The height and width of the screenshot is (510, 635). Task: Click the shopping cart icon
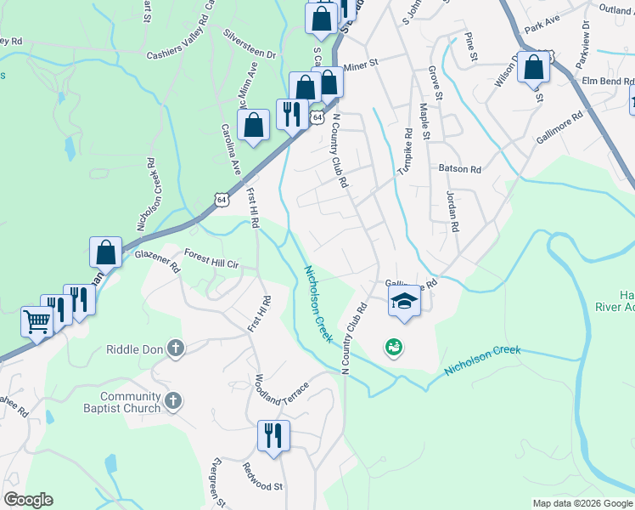(x=37, y=321)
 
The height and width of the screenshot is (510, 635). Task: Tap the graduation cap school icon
(x=404, y=300)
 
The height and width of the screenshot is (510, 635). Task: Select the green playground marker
(x=393, y=346)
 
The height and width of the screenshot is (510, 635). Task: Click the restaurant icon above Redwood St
(x=273, y=435)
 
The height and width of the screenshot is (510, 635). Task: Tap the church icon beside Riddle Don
(x=175, y=348)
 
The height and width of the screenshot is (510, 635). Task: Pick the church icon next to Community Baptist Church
(x=172, y=400)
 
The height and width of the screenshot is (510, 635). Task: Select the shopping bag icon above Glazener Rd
(x=105, y=252)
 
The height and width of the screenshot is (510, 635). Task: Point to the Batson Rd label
(x=460, y=169)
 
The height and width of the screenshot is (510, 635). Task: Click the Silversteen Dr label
(x=250, y=44)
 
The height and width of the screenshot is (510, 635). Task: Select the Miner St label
(x=360, y=61)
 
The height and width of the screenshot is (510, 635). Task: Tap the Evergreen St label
(x=218, y=483)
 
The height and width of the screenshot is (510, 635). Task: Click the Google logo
(x=28, y=500)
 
